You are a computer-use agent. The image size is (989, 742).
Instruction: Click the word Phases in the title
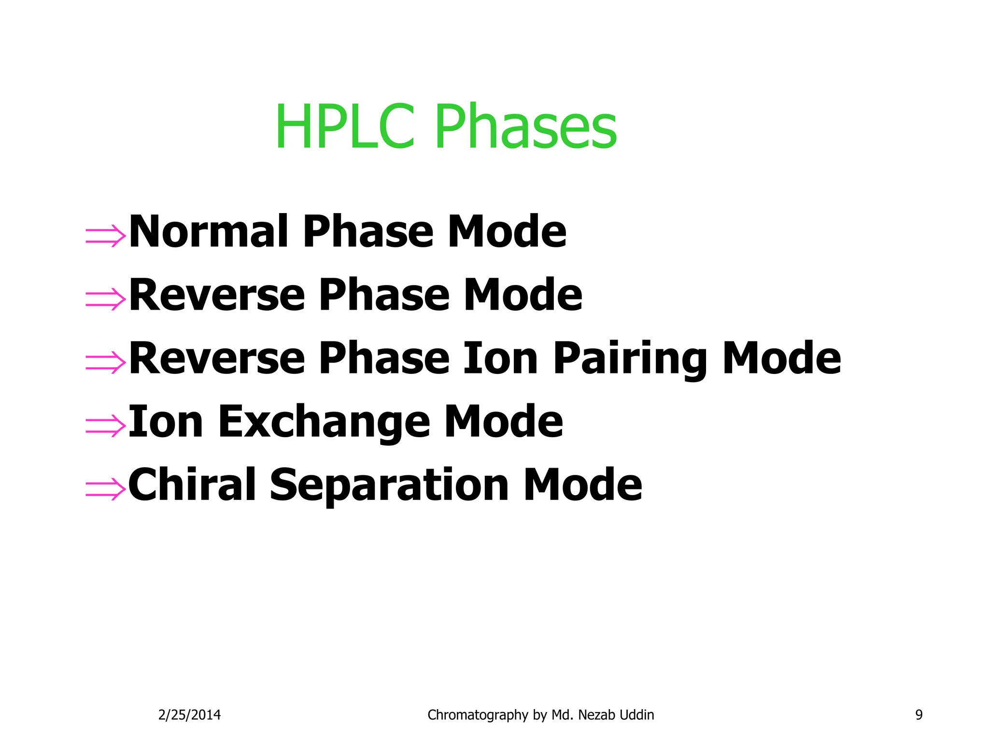pos(525,127)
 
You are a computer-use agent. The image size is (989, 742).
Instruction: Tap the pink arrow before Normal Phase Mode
pos(105,236)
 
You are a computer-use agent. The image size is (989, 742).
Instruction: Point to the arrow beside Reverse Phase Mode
pos(105,299)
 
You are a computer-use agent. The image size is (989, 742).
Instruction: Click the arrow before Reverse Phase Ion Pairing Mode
pos(105,362)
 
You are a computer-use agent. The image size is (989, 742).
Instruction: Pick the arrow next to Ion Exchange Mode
pos(105,425)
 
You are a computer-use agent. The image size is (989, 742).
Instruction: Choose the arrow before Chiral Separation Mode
pos(105,488)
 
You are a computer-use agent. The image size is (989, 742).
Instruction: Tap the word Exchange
pos(324,422)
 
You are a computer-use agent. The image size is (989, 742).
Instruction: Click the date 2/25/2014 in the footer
pos(189,715)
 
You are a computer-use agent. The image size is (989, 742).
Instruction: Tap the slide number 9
pos(918,715)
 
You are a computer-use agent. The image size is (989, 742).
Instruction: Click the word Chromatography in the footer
pos(478,715)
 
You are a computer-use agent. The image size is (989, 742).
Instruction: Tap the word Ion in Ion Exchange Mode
pos(166,422)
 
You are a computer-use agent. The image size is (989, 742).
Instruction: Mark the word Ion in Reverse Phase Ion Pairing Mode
pos(500,358)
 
